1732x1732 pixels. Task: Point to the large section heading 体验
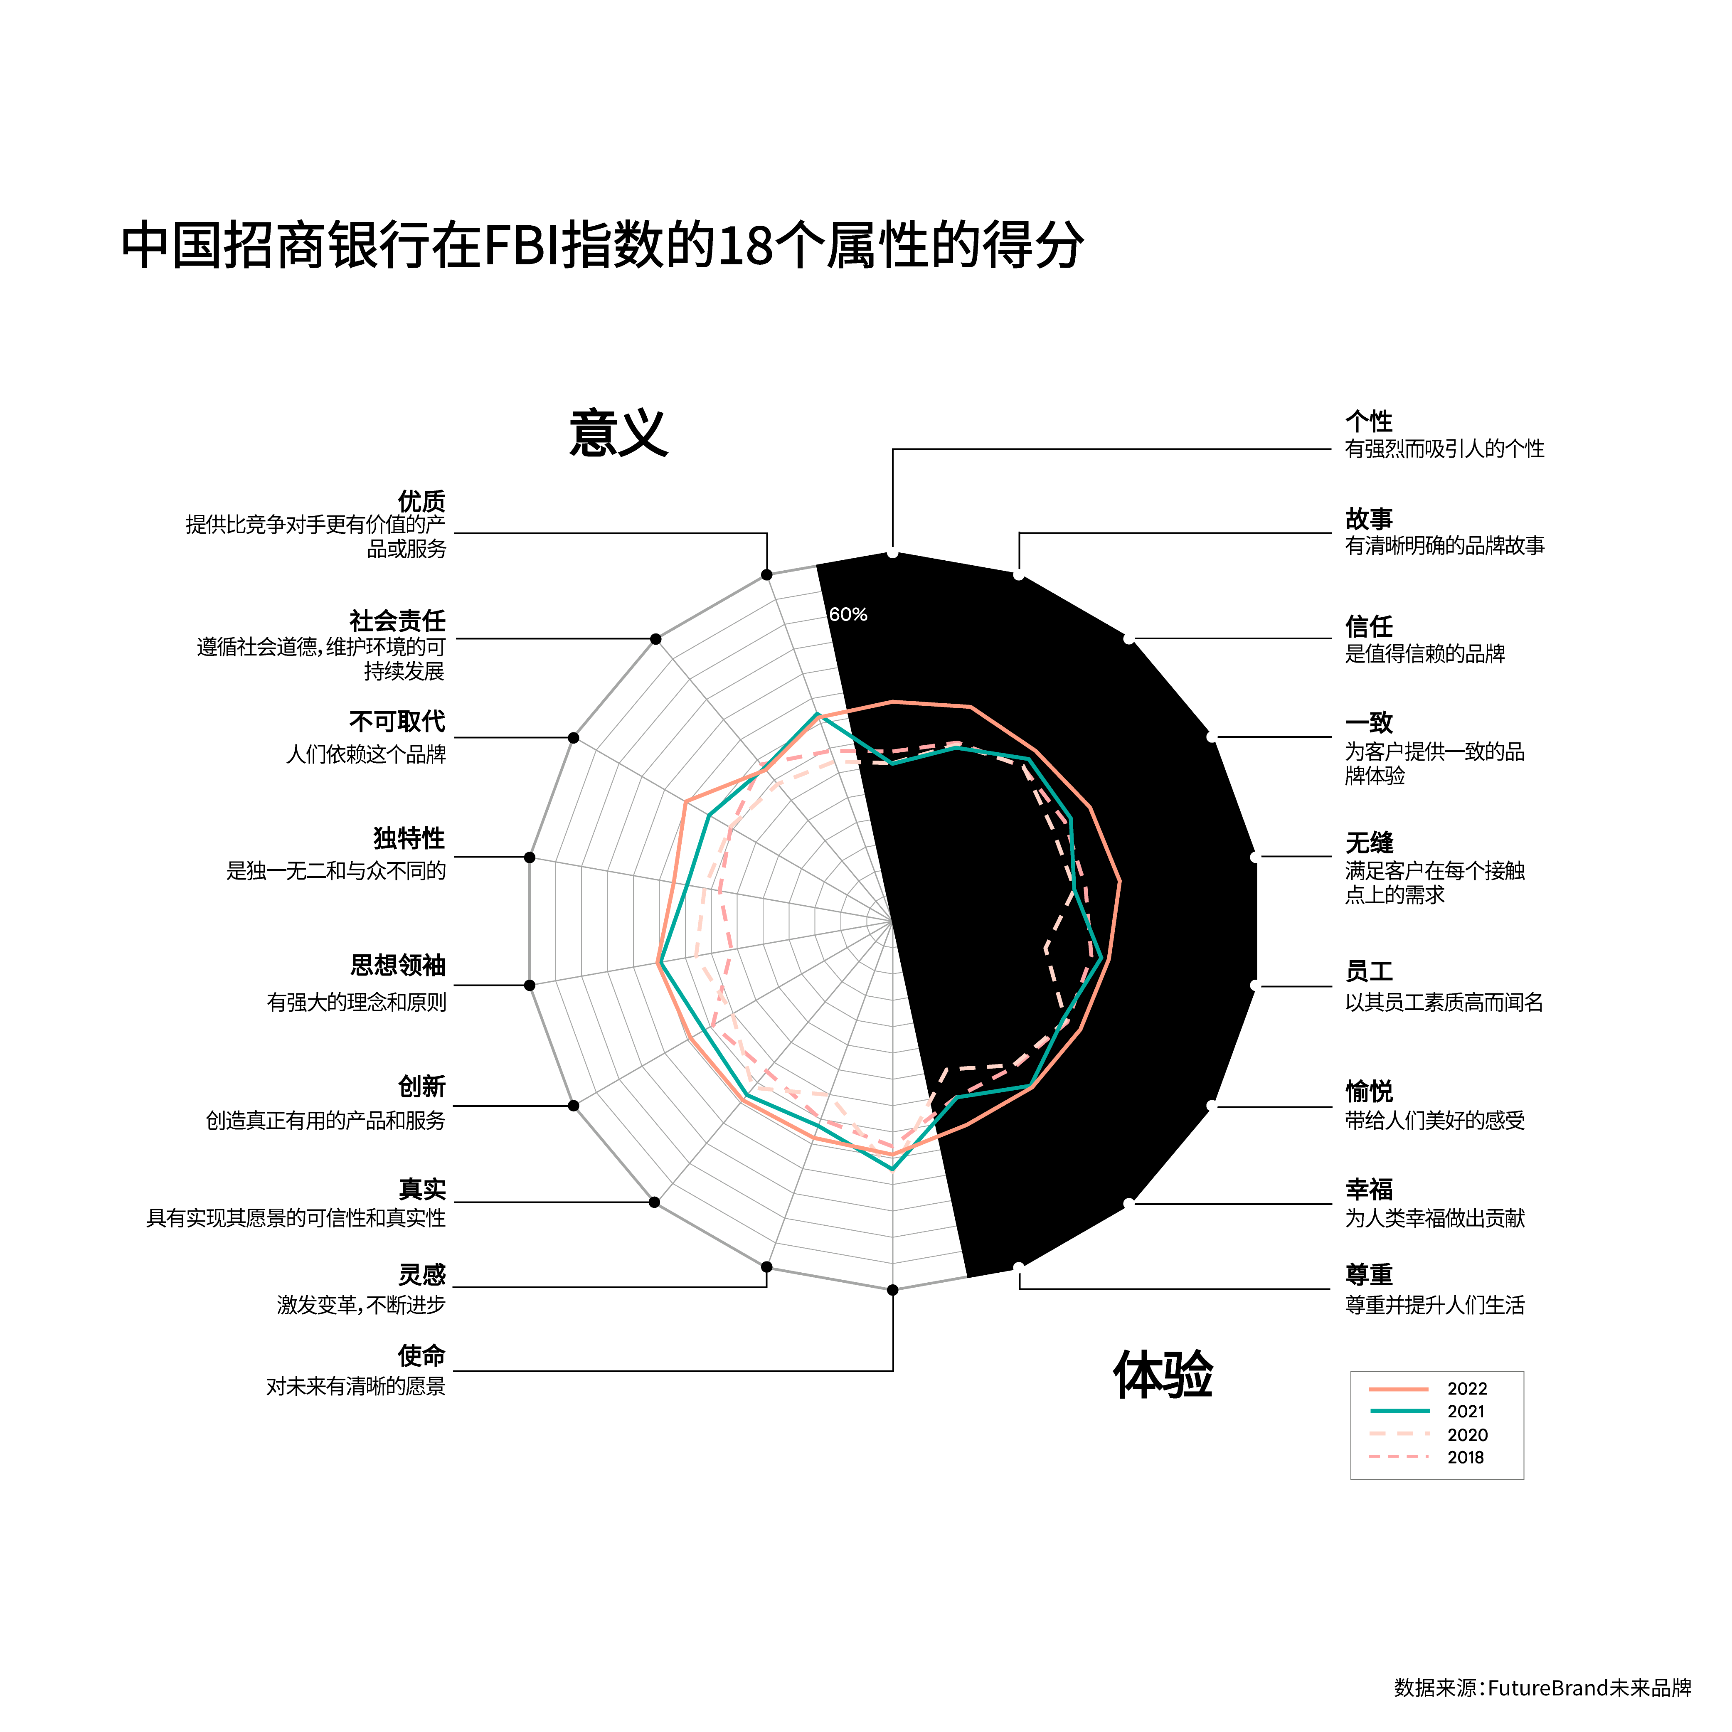click(1163, 1374)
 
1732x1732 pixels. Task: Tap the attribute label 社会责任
click(397, 621)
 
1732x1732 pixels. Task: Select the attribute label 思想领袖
click(397, 966)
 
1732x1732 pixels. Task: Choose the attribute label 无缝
click(1369, 843)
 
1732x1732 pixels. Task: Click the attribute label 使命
click(421, 1355)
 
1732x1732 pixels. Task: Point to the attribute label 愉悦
click(1369, 1091)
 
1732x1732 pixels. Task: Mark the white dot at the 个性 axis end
click(893, 553)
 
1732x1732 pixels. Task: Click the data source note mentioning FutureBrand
click(1542, 1688)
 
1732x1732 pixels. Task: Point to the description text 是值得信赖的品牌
click(1424, 653)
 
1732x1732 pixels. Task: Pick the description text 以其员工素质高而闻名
click(1443, 1002)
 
